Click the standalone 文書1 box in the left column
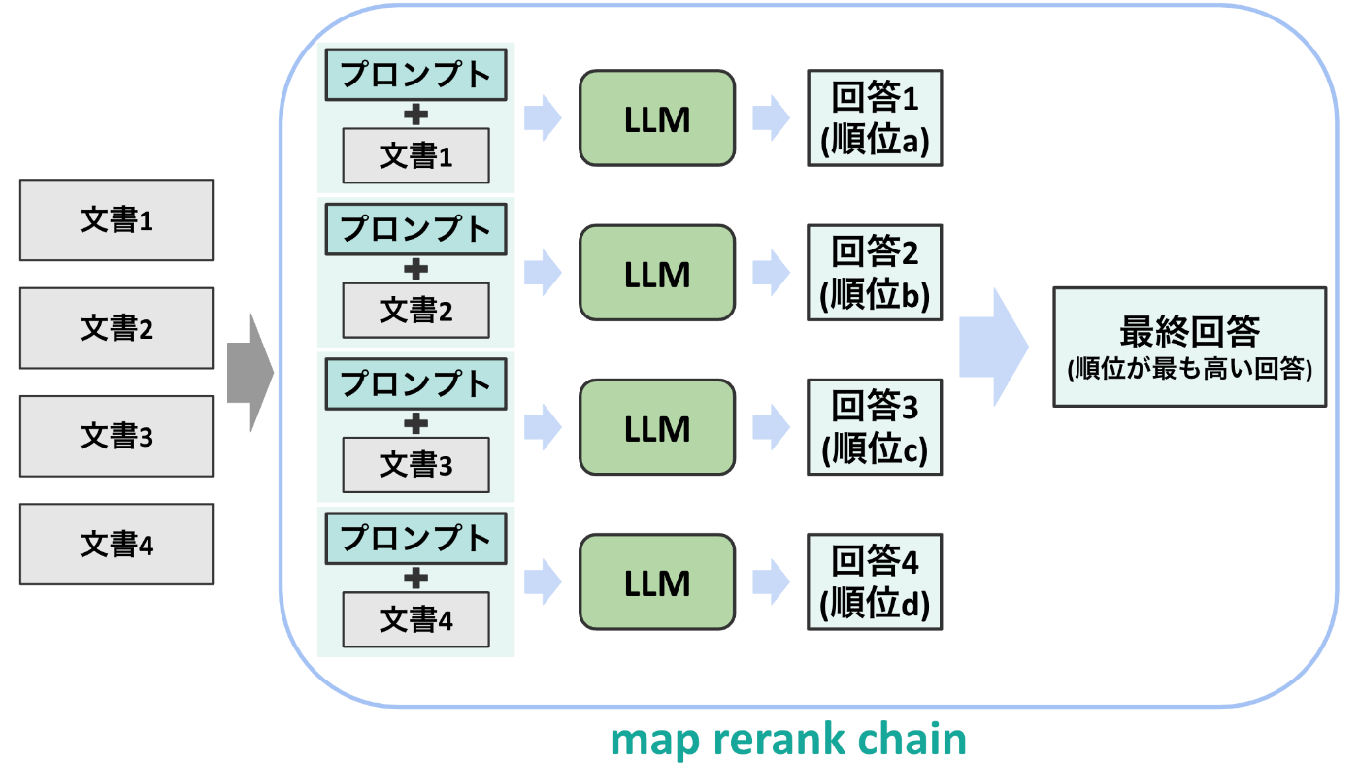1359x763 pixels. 116,220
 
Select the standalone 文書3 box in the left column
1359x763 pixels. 116,436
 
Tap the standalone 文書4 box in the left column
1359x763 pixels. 116,545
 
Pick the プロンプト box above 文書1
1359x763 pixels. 415,74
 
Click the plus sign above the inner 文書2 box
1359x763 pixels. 415,269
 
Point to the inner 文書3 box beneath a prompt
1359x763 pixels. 415,466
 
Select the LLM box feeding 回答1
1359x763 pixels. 657,118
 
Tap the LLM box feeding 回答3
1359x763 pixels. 657,428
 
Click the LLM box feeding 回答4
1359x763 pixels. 657,582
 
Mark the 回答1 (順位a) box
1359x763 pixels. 875,118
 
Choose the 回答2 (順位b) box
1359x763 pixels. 875,273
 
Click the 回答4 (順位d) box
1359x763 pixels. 875,582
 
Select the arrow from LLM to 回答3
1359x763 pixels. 771,428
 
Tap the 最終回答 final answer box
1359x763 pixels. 1189,346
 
